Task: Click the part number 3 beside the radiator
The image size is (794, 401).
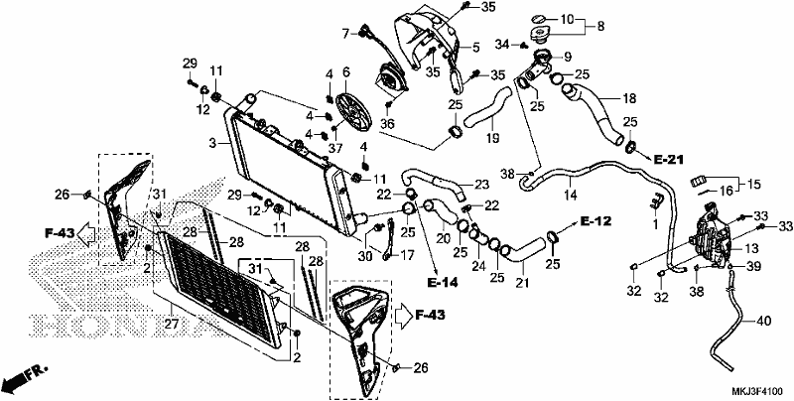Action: [x=214, y=143]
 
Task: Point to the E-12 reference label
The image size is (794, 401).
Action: [x=596, y=221]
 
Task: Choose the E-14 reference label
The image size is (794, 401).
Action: [x=442, y=282]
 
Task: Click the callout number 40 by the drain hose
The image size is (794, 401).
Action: [x=764, y=321]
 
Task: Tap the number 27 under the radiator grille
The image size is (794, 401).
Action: [x=173, y=324]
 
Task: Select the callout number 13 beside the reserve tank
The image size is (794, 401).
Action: [x=751, y=248]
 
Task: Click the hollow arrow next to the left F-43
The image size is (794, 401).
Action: [x=87, y=233]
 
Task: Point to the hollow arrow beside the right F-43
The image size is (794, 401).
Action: [x=404, y=315]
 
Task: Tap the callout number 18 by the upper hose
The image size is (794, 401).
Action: [x=629, y=98]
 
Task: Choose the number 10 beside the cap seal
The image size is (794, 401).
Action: [x=567, y=20]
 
